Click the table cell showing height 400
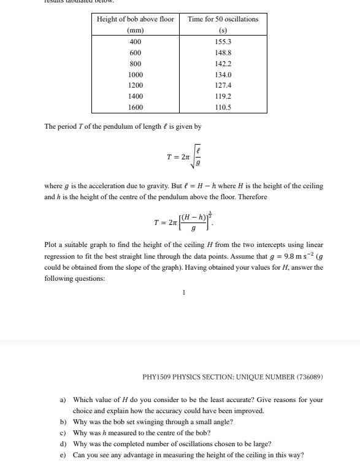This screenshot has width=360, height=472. (135, 41)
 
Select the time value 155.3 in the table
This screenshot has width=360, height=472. (223, 41)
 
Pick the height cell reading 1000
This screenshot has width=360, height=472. (135, 74)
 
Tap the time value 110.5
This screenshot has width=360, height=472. (223, 107)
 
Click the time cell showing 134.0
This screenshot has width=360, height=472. (223, 74)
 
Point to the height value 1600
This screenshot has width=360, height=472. (135, 107)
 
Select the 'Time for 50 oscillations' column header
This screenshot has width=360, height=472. (223, 19)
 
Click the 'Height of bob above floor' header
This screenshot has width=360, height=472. (135, 19)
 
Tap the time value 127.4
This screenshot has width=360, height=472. (223, 85)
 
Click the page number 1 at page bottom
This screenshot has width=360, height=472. (183, 292)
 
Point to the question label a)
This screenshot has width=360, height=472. (63, 400)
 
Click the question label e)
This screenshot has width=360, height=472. (63, 455)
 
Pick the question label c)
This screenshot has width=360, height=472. (63, 433)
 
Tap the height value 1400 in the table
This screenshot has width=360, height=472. (135, 96)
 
